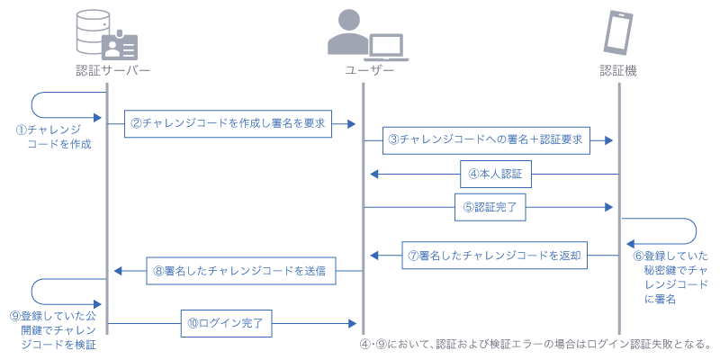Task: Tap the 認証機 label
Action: [x=619, y=70]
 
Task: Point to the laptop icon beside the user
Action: [x=386, y=45]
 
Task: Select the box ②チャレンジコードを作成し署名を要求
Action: [x=228, y=122]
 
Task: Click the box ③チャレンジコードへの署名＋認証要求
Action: [x=485, y=139]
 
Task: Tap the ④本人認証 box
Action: [x=496, y=173]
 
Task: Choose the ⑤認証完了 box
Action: [x=490, y=207]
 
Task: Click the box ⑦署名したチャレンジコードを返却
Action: [x=495, y=256]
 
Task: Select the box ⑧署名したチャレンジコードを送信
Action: [x=238, y=270]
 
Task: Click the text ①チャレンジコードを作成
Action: [x=54, y=136]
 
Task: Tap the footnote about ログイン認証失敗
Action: [x=535, y=343]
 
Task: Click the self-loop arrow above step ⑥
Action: [x=666, y=230]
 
